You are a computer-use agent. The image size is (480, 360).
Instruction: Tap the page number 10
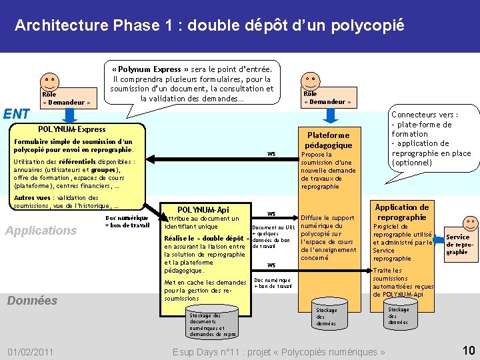coord(468,350)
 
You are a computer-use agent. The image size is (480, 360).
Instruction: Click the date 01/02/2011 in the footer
coord(31,351)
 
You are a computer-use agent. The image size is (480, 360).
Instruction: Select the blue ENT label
coord(15,114)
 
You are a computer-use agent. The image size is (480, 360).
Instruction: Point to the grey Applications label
coord(41,231)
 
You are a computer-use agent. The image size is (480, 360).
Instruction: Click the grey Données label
coord(32,301)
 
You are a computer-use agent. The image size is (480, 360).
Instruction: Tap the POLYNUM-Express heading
coord(72,129)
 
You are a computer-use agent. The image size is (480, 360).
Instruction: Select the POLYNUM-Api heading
coord(203,209)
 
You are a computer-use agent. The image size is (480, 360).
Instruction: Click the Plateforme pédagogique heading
coord(328,140)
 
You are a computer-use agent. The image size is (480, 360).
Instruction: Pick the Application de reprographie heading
coord(401,212)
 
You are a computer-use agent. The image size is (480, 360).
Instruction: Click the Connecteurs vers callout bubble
coord(431,139)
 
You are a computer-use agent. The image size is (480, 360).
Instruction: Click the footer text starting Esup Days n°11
coord(279,352)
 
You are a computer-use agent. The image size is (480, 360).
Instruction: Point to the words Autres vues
coord(32,198)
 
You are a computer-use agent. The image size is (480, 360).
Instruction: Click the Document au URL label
coord(273,227)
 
